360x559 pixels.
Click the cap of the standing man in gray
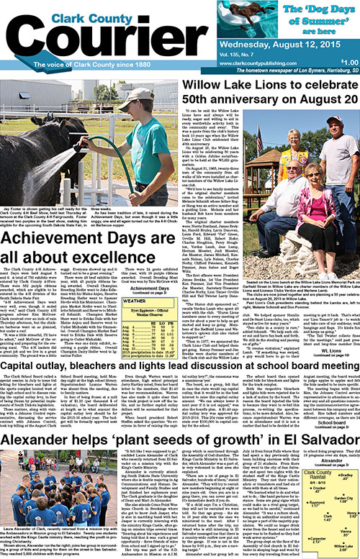[333, 120]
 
